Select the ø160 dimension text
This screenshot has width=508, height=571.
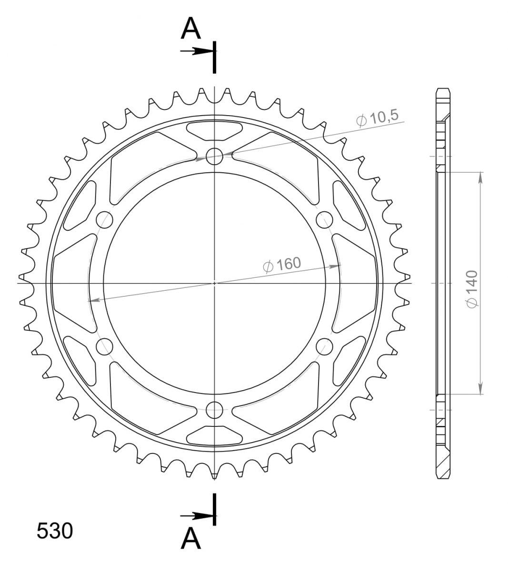click(282, 265)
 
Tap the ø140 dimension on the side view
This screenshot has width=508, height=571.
click(472, 289)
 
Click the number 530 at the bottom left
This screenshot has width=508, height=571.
click(55, 531)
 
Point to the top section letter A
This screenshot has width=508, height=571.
click(190, 29)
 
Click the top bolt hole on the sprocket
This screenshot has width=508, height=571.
click(214, 156)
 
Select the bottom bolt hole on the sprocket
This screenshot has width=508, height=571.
click(214, 410)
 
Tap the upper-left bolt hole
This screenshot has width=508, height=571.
click(104, 219)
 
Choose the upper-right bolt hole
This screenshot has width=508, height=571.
click(324, 219)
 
